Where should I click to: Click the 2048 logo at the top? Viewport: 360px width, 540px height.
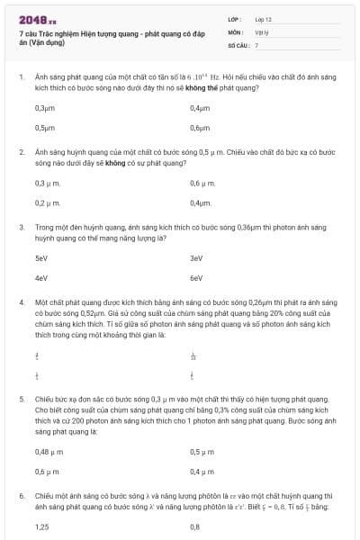click(37, 19)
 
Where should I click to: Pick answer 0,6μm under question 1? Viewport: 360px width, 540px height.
click(200, 128)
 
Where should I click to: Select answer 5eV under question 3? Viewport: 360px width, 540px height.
click(41, 258)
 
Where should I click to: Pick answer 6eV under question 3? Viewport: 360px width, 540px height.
click(196, 278)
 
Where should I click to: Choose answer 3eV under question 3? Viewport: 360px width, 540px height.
click(196, 258)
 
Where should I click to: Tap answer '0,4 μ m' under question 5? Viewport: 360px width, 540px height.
click(202, 472)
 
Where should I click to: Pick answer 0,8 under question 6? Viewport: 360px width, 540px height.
click(195, 527)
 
